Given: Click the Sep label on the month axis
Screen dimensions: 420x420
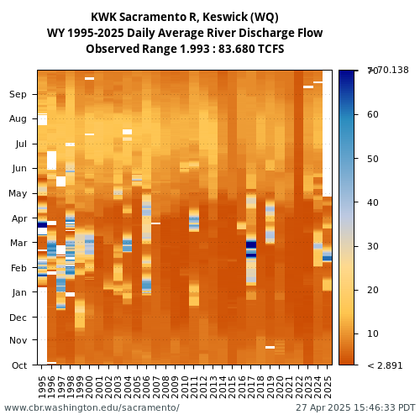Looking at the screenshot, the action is click(18, 94).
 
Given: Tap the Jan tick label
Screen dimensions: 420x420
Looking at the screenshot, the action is click(19, 292).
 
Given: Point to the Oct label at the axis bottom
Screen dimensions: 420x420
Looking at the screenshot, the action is click(19, 365).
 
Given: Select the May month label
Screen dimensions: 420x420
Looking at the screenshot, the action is click(18, 193).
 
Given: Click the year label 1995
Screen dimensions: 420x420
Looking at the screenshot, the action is click(42, 387).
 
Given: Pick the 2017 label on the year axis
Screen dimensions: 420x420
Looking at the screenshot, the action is click(251, 387).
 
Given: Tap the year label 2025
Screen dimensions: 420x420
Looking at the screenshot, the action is click(328, 387).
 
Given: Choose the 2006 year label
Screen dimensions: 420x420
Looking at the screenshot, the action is click(146, 387).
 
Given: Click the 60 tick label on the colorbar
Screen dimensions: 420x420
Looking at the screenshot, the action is click(373, 114).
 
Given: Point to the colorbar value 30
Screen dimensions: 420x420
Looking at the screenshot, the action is click(373, 246).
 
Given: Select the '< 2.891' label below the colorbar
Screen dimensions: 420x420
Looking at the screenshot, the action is click(385, 365).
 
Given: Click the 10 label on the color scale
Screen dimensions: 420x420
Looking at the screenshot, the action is click(373, 333).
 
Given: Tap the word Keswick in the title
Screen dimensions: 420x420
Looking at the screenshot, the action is click(225, 17).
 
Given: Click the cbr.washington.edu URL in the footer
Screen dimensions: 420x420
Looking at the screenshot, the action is click(92, 407).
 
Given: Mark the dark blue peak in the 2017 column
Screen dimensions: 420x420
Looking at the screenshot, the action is click(251, 244).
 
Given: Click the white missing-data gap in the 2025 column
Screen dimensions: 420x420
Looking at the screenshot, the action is click(328, 134).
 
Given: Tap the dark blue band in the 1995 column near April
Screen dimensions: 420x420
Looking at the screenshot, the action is click(42, 224).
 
